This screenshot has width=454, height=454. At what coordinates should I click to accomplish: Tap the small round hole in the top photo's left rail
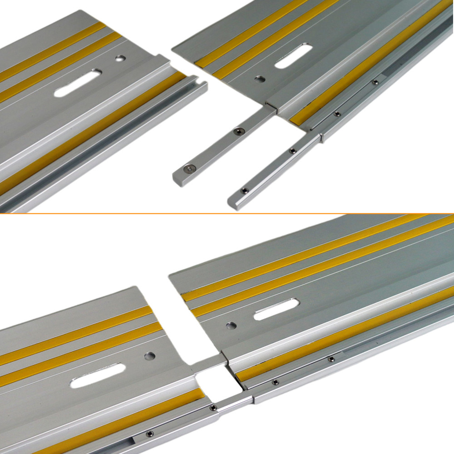tap(120, 58)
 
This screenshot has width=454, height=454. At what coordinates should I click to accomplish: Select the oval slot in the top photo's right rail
tap(293, 56)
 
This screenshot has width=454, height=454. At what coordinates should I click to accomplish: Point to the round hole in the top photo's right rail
tap(260, 79)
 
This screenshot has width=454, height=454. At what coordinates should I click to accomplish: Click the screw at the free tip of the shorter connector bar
tap(188, 168)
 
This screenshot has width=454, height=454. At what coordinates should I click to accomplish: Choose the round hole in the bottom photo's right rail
tap(232, 325)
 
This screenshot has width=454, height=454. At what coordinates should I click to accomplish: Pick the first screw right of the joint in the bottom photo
tap(275, 382)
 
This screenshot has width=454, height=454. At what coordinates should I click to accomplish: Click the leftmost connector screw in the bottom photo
tap(149, 434)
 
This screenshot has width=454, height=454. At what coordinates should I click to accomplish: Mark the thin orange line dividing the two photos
tap(227, 213)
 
